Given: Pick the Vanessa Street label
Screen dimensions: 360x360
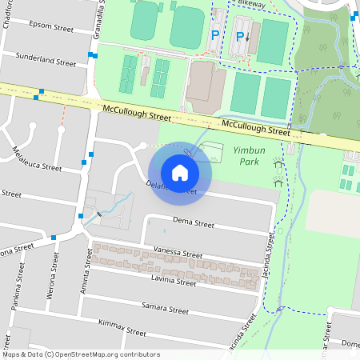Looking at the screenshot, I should (178, 253).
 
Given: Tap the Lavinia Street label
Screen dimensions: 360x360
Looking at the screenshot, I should (174, 282).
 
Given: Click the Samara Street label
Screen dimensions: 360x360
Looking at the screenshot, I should (164, 309).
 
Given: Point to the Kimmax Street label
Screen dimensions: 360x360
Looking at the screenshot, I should (122, 327).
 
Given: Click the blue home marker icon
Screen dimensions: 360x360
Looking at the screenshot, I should (180, 172).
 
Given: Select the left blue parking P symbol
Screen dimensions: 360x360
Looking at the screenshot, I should (214, 35).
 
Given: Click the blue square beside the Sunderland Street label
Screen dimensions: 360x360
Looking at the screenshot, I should (94, 55).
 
